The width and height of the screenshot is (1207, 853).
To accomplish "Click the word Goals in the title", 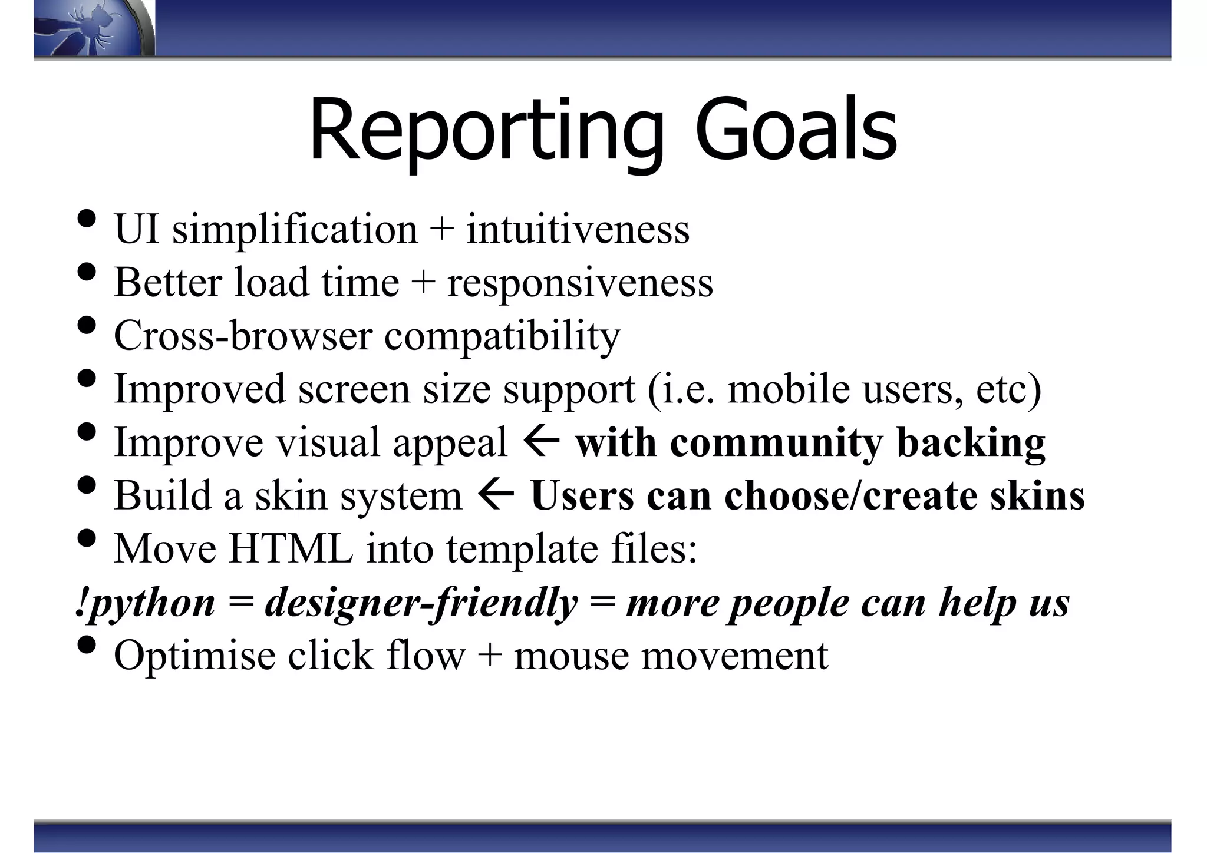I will point(796,131).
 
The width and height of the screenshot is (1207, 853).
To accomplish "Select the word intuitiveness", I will point(578,229).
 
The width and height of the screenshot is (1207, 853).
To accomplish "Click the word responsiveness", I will point(580,283).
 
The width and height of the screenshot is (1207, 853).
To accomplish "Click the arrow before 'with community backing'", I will point(541,442).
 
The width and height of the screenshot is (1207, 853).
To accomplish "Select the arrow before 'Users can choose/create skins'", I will point(496,495).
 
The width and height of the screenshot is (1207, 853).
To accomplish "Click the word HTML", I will point(291,548).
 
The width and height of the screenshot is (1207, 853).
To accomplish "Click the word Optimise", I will point(194,655).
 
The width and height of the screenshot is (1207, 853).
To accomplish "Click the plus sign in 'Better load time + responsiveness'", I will point(423,283).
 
